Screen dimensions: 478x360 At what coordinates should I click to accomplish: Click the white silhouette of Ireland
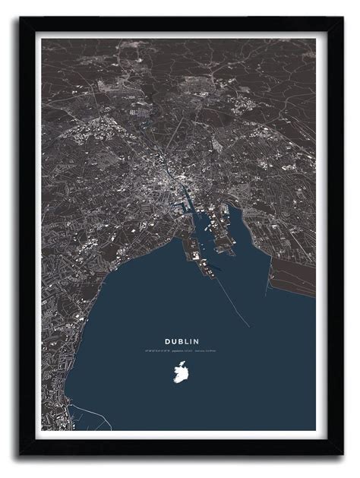182,373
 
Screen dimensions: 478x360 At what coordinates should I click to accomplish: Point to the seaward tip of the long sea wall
249,327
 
